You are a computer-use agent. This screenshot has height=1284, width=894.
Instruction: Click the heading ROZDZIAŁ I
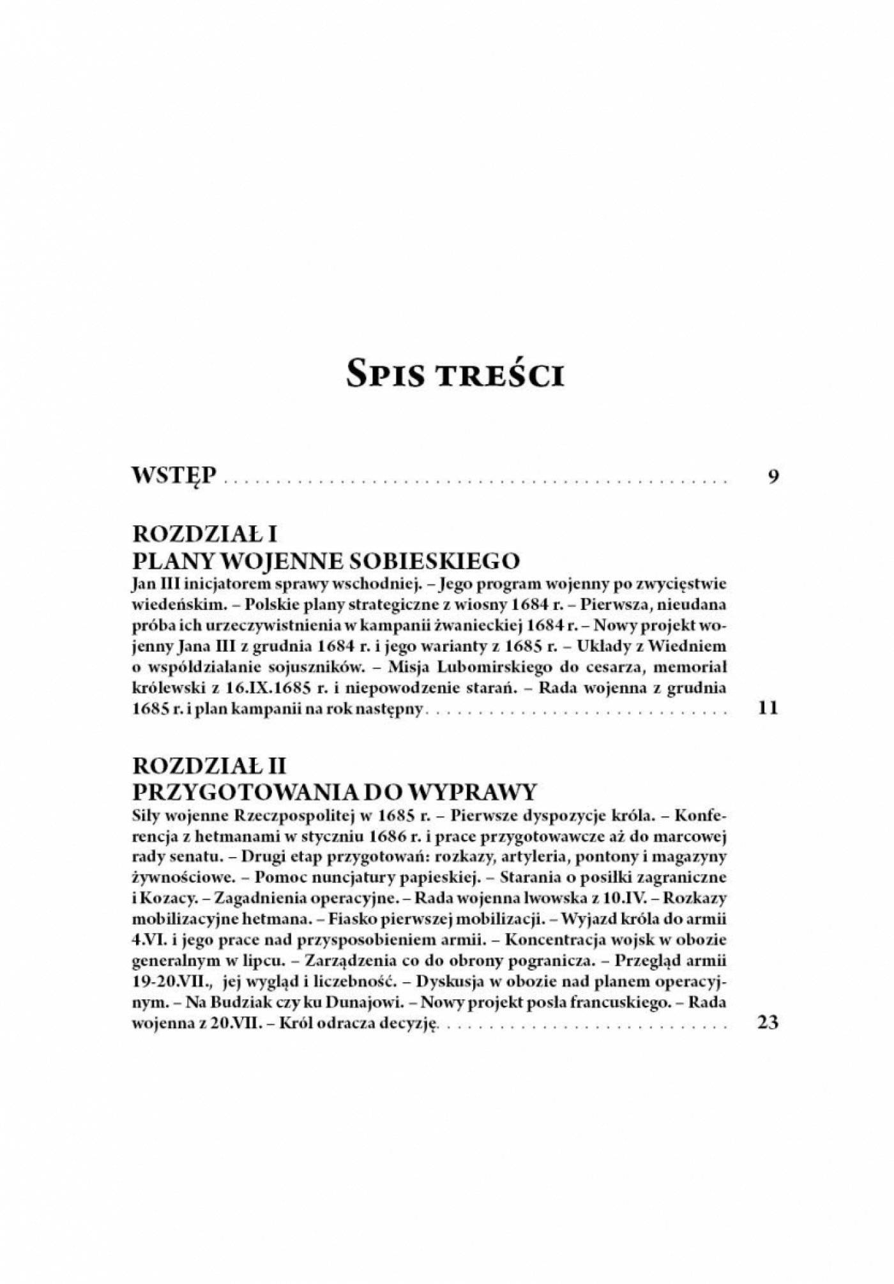(203, 534)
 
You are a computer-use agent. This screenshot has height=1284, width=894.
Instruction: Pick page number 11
(766, 709)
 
